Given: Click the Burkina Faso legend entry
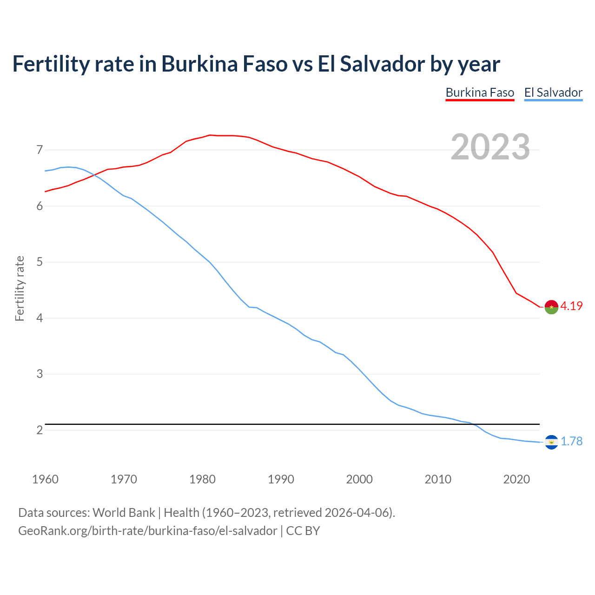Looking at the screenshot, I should [x=480, y=93].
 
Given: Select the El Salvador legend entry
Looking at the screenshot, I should [x=553, y=93].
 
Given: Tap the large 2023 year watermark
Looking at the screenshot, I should [x=490, y=147].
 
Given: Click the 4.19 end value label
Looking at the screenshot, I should [x=571, y=306].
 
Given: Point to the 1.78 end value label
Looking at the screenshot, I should [x=571, y=441].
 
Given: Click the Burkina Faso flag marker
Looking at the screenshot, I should [x=551, y=307].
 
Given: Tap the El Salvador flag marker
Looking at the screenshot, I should [x=551, y=442].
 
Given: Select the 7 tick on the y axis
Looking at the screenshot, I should [x=40, y=150].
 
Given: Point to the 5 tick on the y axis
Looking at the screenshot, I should [x=40, y=262].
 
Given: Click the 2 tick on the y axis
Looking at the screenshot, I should [x=40, y=430].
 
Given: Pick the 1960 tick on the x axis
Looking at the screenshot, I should [x=45, y=479].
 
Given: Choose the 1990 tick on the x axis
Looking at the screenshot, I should [x=281, y=479].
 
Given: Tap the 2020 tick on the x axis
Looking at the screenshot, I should [x=516, y=479].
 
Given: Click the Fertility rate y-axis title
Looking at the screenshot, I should [x=20, y=288].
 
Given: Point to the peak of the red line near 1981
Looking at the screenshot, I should [x=210, y=135].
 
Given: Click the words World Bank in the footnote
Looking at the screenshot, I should [x=124, y=513].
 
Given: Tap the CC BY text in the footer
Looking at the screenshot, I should [x=303, y=531].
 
